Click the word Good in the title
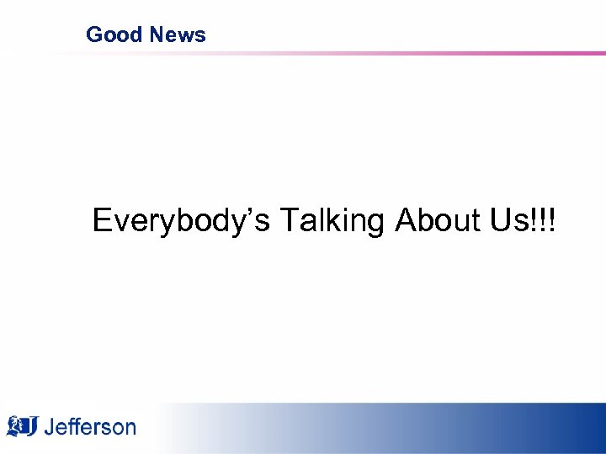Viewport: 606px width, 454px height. [x=114, y=34]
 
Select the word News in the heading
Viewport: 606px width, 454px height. [x=178, y=34]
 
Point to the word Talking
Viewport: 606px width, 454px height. [x=332, y=221]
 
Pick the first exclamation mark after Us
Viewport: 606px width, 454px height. [x=533, y=220]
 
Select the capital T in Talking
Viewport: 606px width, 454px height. [x=289, y=220]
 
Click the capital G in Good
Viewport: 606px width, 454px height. [x=94, y=34]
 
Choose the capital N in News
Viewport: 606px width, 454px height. [x=157, y=34]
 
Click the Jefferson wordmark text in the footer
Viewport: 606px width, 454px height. [x=90, y=426]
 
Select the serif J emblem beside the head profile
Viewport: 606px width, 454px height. [x=32, y=426]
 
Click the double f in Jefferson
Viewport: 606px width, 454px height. [x=73, y=425]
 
